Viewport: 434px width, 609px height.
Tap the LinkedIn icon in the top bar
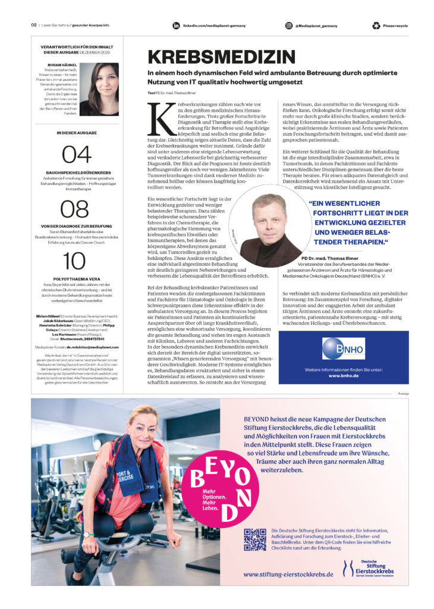(176, 26)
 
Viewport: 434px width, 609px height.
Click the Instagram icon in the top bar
(289, 26)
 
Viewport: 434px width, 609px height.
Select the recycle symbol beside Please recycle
(376, 26)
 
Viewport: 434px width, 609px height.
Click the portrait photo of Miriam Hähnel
(99, 89)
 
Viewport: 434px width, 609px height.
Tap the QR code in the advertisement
(255, 539)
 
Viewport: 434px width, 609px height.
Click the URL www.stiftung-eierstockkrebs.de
(288, 574)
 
